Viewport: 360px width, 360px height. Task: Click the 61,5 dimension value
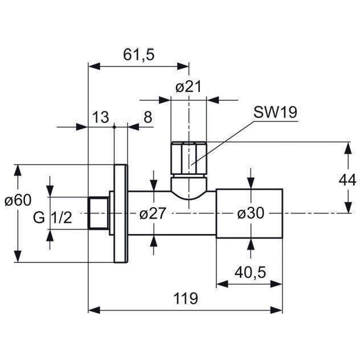coord(138,55)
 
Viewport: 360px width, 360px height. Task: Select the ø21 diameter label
coord(189,87)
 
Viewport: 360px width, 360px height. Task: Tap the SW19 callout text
coord(275,112)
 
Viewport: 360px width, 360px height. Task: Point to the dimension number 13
coord(101,117)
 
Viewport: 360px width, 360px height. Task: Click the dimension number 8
coord(148,117)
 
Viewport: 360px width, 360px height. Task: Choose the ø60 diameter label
coord(18,200)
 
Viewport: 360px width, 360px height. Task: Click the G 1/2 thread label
coord(52,218)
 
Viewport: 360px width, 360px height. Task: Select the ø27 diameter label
coord(153,213)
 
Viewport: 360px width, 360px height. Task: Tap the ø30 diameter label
coord(251,213)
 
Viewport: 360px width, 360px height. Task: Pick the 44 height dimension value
coord(347,180)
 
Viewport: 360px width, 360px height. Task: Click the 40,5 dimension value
coord(250,272)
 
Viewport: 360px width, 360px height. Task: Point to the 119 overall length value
coord(186,298)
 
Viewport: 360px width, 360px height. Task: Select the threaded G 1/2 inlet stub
coord(98,213)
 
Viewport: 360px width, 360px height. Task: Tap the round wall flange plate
coord(121,214)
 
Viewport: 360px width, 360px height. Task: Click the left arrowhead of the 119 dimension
coord(95,310)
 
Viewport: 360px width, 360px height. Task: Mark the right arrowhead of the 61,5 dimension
coord(183,67)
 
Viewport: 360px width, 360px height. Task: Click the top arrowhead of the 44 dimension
coord(349,148)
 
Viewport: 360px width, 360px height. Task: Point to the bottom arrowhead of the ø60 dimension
coord(18,256)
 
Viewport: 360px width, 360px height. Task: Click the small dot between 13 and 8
coord(114,126)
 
